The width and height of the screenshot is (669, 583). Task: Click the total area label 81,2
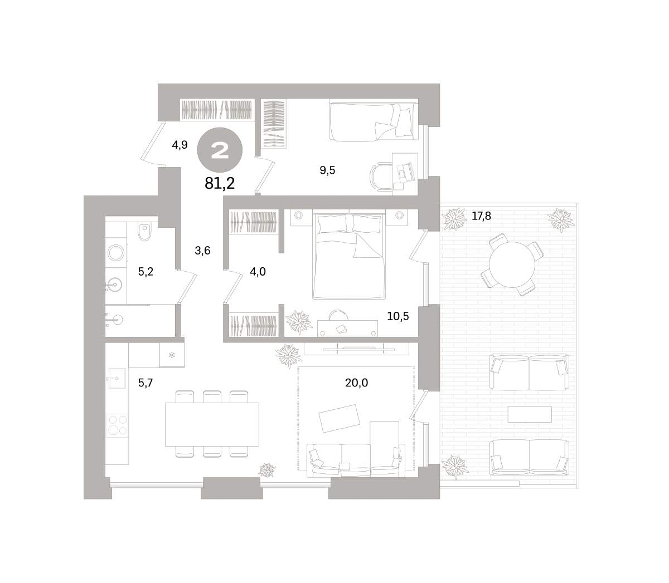220,183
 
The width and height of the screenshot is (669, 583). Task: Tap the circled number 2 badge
220,150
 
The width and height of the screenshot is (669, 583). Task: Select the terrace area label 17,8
481,216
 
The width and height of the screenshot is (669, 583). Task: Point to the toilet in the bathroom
144,232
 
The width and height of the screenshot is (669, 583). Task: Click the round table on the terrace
512,264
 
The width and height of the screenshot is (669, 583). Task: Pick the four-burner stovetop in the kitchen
117,425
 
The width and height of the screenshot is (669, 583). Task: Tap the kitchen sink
117,378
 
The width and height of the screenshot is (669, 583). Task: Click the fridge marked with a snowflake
172,355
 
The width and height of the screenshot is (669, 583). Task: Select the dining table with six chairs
212,424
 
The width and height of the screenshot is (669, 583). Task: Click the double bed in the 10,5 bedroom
348,256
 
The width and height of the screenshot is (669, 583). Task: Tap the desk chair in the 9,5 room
380,177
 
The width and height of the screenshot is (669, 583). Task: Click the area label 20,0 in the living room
356,383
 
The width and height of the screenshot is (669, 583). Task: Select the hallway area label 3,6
202,251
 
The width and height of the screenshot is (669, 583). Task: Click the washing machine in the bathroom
117,252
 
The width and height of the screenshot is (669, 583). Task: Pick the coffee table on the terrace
530,414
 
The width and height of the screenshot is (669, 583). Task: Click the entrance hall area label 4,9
180,145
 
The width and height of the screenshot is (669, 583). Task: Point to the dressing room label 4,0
258,271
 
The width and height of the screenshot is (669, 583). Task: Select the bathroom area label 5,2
146,271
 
